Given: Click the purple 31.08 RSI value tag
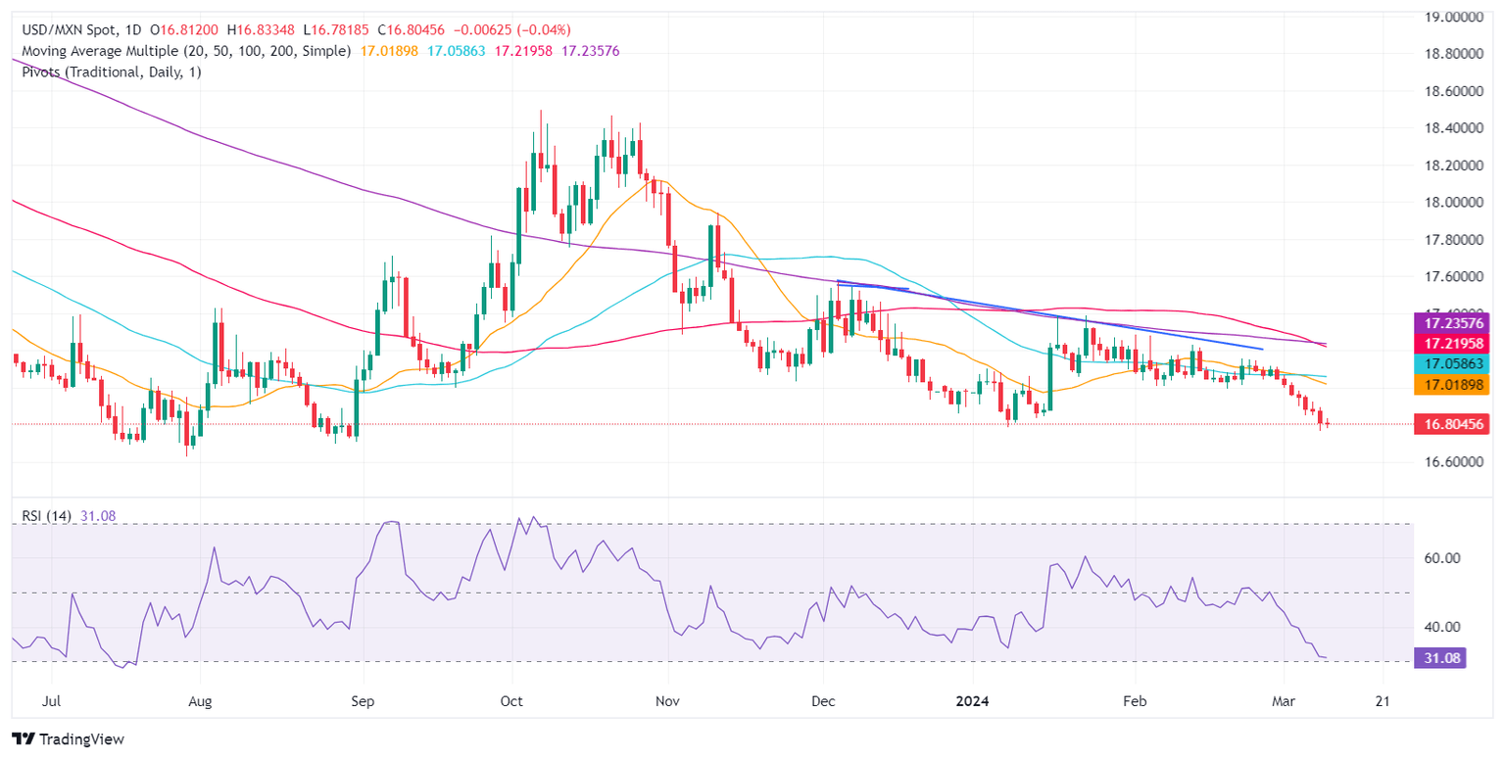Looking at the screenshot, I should (x=1439, y=658).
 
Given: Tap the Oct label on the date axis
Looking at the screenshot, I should (x=511, y=702).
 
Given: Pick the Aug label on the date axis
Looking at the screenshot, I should (x=200, y=702).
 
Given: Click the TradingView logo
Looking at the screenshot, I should (x=69, y=739).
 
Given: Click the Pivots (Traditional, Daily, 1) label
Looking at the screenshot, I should (x=107, y=71).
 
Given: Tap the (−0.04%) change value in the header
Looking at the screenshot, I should (x=538, y=30).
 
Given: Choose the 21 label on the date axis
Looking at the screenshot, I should (x=1383, y=702).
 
